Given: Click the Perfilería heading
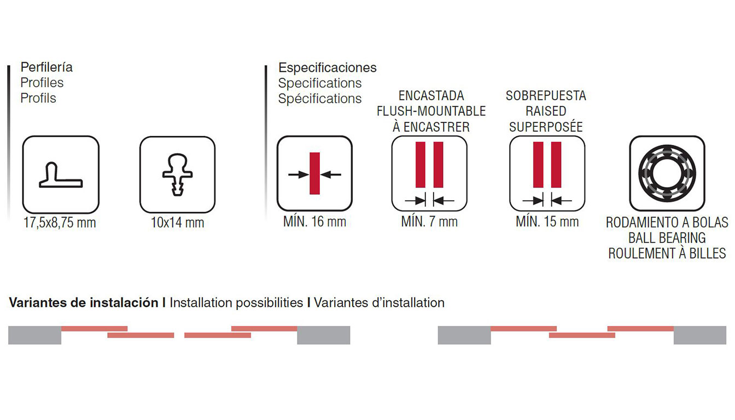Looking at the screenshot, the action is (x=46, y=67).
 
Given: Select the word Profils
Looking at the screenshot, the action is (x=38, y=98).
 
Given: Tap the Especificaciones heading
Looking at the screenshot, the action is (x=327, y=68).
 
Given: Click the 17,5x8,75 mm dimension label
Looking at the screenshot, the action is (x=60, y=223).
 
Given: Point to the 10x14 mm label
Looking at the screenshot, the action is (x=177, y=223).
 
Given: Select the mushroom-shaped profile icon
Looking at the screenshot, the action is (x=178, y=174).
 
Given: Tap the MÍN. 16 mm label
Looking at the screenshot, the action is (x=314, y=222).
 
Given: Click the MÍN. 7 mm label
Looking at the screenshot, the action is (x=429, y=222).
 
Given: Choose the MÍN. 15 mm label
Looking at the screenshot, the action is (x=547, y=222).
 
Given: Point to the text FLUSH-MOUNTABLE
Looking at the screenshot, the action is (x=431, y=111).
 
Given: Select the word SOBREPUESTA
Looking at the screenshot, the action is (x=546, y=96).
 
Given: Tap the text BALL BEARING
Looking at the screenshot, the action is (x=667, y=238).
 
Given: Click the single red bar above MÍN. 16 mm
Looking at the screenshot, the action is (x=314, y=173).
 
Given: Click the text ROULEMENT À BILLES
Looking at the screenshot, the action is (x=667, y=254).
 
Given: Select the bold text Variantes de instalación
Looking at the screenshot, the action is (x=84, y=302).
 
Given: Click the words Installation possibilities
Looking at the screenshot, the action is (x=236, y=303).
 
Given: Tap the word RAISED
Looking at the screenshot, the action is (x=546, y=111).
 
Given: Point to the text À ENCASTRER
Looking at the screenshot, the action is (x=431, y=127).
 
